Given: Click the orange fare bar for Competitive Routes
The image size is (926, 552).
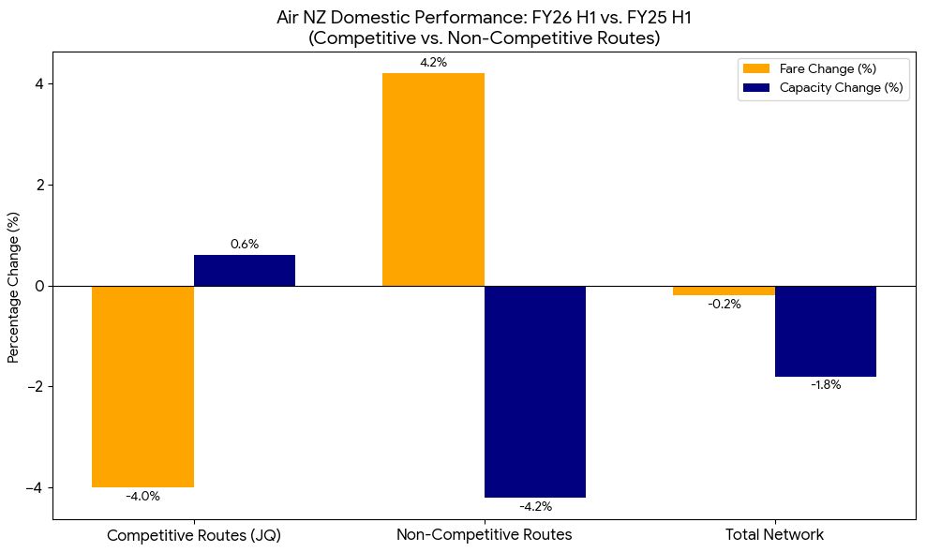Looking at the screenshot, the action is point(142,387).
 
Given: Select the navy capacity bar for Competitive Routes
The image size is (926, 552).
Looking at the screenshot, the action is point(245,271).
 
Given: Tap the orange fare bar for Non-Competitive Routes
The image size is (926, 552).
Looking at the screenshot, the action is point(433,180).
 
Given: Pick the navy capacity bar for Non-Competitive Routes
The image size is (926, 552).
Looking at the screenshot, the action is point(535,392).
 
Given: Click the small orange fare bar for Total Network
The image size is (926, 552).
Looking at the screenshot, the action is point(724,291).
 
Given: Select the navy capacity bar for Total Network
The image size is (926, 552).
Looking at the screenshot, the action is point(826,331).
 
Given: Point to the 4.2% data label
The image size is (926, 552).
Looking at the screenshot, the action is point(433,63).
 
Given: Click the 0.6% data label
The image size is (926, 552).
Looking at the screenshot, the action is point(245,244).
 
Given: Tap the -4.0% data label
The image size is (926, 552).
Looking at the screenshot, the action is point(142,497).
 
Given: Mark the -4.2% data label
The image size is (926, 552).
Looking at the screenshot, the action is point(536,506).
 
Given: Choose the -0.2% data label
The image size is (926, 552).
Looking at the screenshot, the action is point(724,304).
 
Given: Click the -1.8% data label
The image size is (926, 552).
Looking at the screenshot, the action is point(826,385).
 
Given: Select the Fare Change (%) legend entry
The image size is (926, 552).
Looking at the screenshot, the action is point(810,68).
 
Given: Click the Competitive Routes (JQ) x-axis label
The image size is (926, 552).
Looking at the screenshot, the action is point(194,535).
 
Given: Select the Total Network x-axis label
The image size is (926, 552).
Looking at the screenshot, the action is point(774,535).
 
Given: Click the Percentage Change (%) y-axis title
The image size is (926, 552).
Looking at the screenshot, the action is point(13,288).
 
